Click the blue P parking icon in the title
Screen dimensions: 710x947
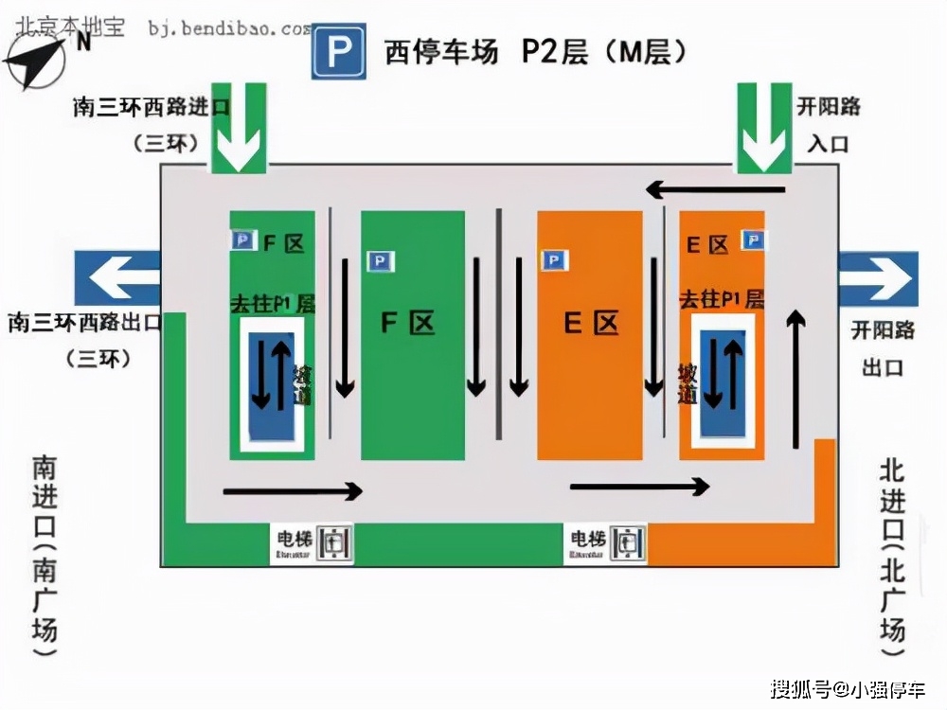click(339, 52)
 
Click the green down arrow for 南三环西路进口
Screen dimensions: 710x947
click(239, 128)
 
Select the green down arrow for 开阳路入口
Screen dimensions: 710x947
click(764, 128)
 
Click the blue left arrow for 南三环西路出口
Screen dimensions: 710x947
click(124, 279)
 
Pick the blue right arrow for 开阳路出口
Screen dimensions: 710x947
click(878, 279)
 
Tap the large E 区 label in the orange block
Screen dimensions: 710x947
click(590, 323)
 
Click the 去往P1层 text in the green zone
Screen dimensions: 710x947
click(273, 304)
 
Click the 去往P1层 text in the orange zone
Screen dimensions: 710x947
click(722, 300)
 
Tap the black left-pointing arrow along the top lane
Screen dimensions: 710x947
click(716, 190)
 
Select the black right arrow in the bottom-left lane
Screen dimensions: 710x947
click(293, 491)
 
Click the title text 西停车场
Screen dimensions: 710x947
click(440, 52)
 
